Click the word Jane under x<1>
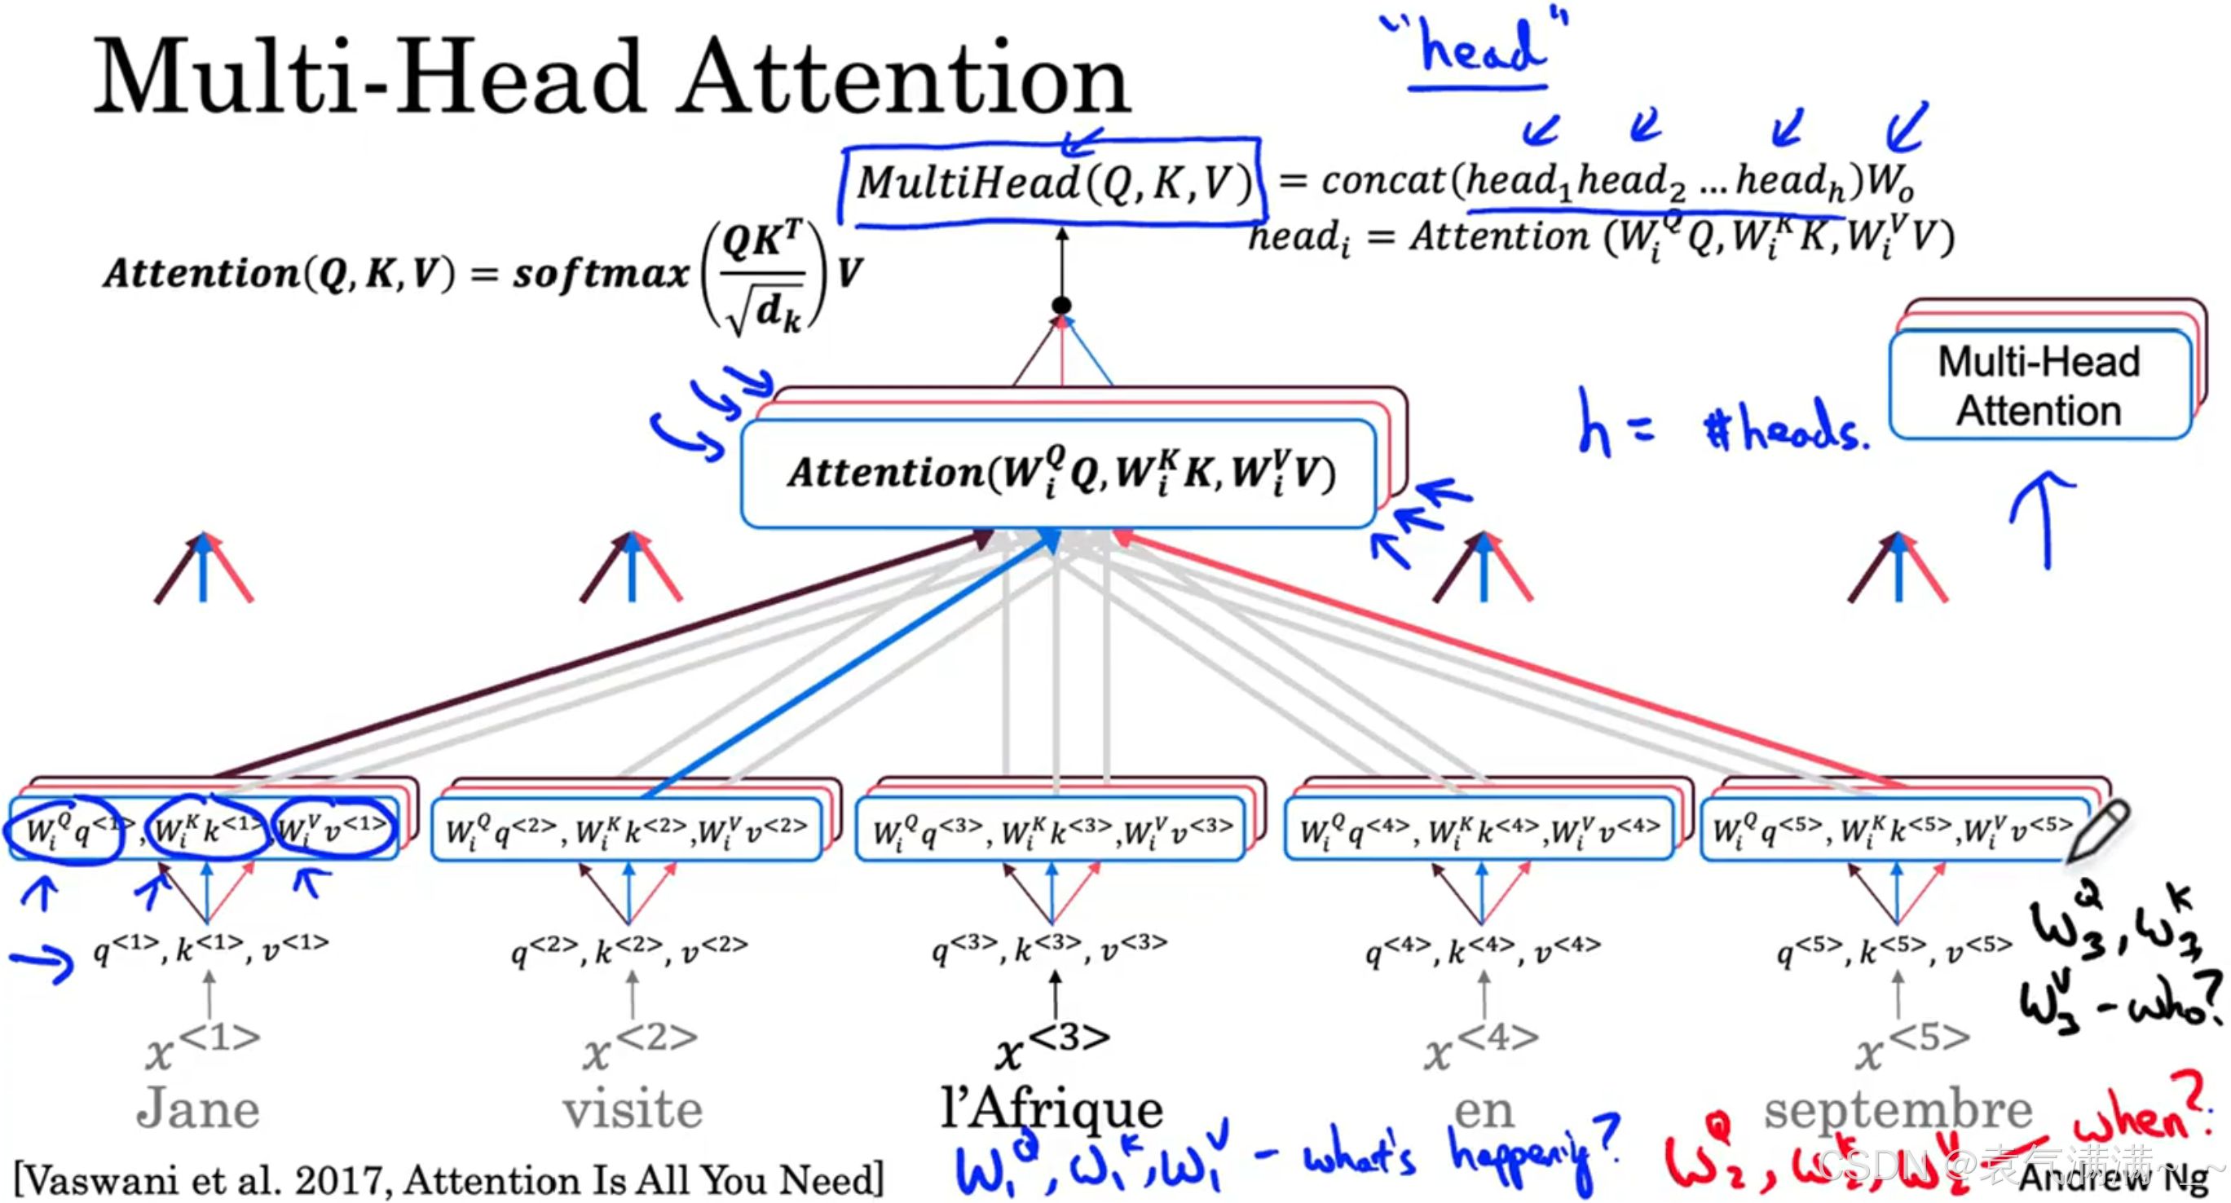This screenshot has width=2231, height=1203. pyautogui.click(x=197, y=1108)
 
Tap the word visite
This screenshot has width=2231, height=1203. pyautogui.click(x=633, y=1108)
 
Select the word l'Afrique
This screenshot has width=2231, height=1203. pyautogui.click(x=1052, y=1108)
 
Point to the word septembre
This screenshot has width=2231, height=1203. pyautogui.click(x=1898, y=1108)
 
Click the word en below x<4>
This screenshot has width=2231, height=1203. pyautogui.click(x=1484, y=1110)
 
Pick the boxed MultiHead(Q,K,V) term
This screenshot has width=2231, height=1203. pyautogui.click(x=1053, y=183)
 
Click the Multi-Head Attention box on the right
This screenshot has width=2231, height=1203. pyautogui.click(x=2039, y=386)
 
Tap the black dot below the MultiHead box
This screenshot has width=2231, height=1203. pyautogui.click(x=1061, y=305)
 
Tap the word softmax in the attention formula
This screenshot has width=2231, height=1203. pyautogui.click(x=600, y=274)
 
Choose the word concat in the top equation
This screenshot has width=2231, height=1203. pyautogui.click(x=1382, y=181)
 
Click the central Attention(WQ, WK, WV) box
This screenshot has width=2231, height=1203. pyautogui.click(x=1058, y=474)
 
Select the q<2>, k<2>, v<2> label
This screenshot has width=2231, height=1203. pyautogui.click(x=629, y=950)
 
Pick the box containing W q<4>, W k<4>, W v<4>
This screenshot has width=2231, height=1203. pyautogui.click(x=1479, y=830)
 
